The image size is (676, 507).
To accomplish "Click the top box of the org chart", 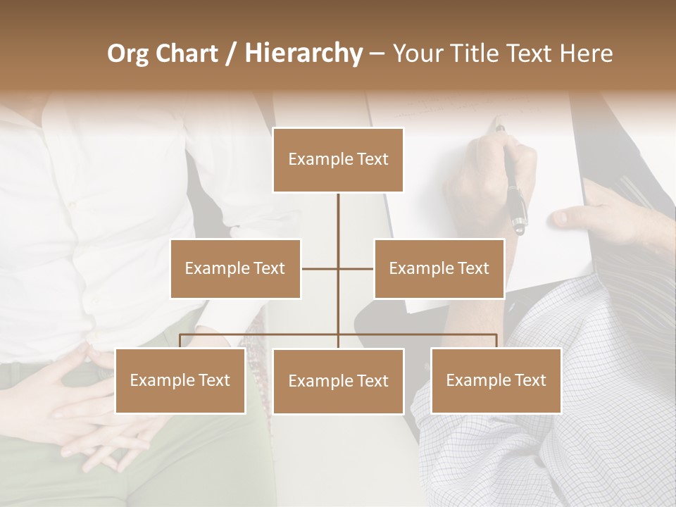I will coord(338,160).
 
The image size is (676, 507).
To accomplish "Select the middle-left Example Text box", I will coord(235,268).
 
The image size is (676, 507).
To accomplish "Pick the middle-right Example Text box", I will coord(439,268).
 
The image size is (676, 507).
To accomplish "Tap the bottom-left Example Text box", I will coord(180,380).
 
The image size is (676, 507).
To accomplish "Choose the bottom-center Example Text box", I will coord(338,381).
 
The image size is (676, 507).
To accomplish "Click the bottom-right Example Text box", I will coord(496,380).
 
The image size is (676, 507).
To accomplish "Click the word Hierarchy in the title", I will coord(303,54).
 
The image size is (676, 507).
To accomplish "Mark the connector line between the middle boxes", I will coord(338,268).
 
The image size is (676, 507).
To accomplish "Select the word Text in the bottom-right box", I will coord(530,380).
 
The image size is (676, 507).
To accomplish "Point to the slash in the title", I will coord(230,54).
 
